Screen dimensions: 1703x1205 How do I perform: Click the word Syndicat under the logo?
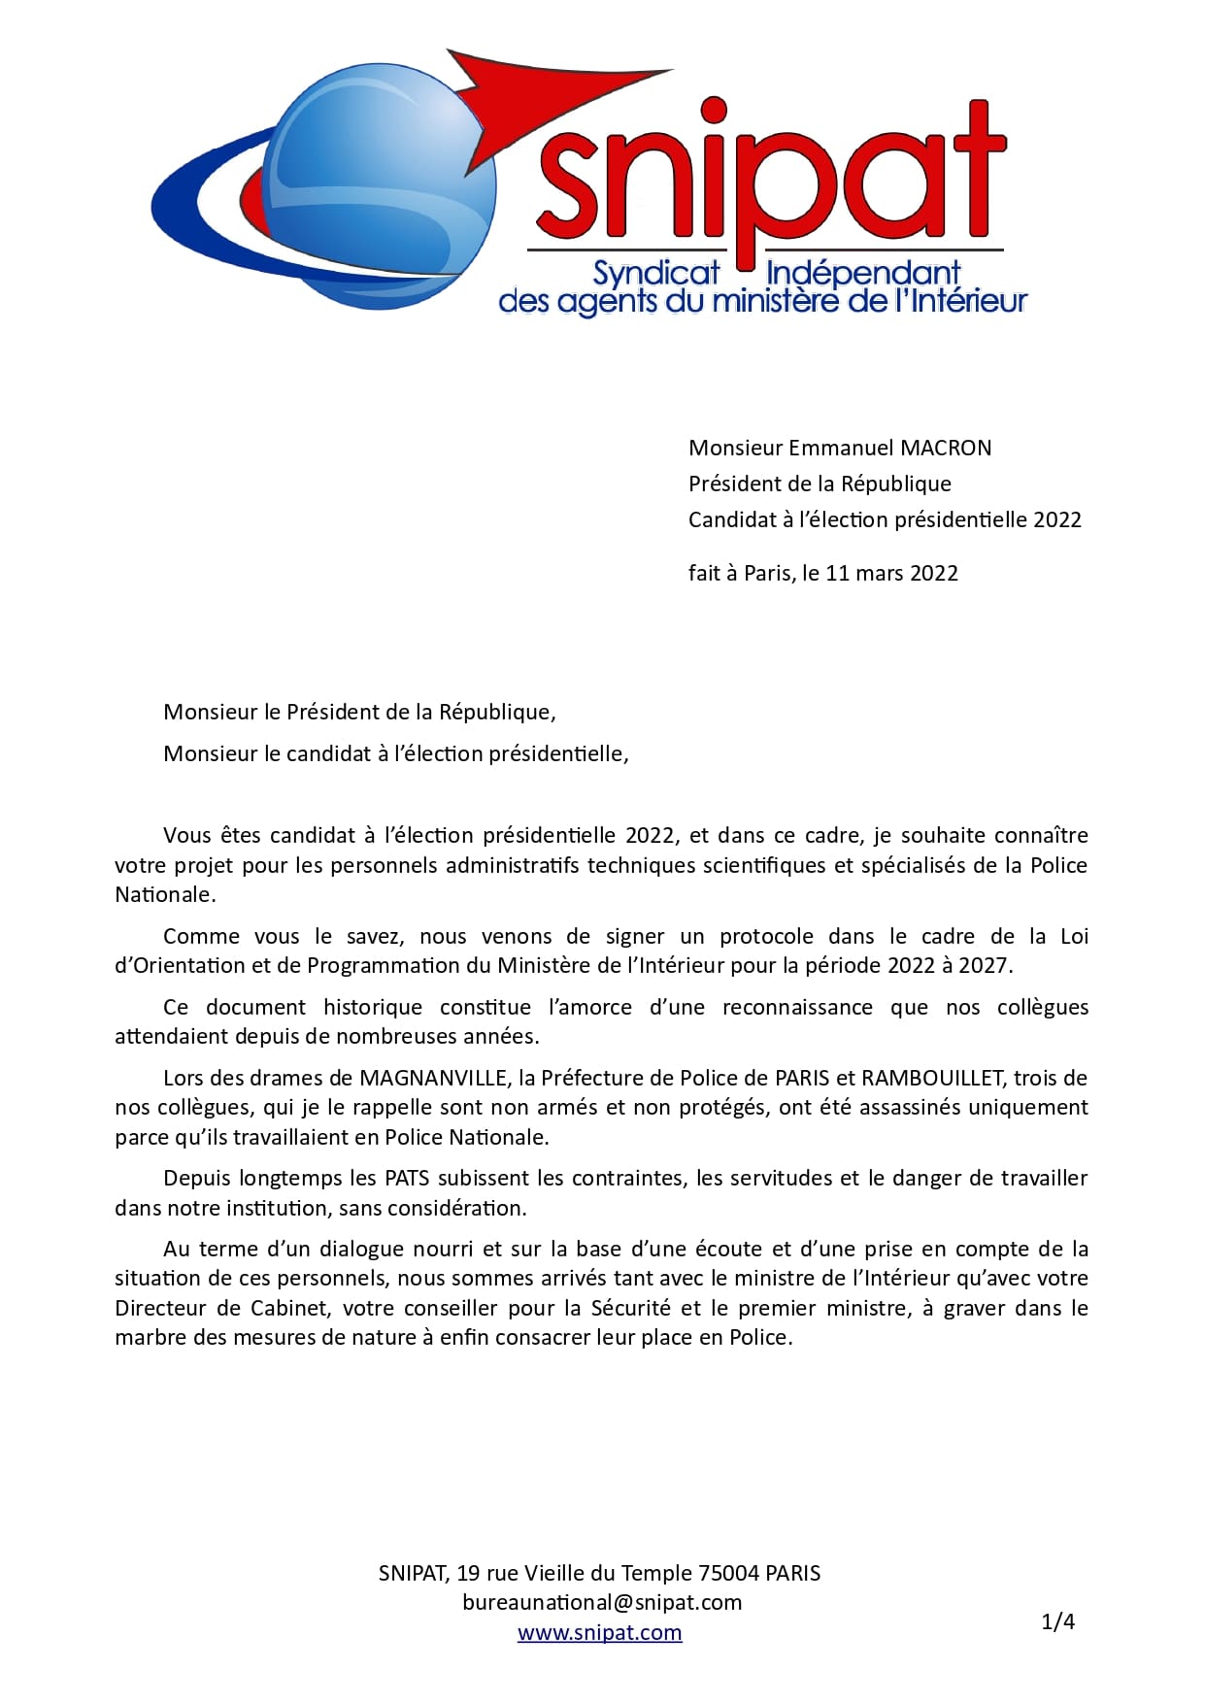pos(656,274)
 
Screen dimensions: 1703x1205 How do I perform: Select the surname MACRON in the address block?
pos(947,448)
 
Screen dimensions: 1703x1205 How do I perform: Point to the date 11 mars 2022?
pos(891,573)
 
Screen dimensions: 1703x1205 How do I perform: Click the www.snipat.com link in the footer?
pos(599,1632)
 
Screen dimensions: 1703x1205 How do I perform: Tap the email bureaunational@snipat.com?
pos(602,1602)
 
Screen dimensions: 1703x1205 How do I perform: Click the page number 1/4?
pos(1057,1620)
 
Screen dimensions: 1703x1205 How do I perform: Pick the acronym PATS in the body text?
pos(406,1178)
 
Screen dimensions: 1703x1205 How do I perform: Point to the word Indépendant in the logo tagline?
pos(862,274)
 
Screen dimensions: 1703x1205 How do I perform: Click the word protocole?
pos(766,936)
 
